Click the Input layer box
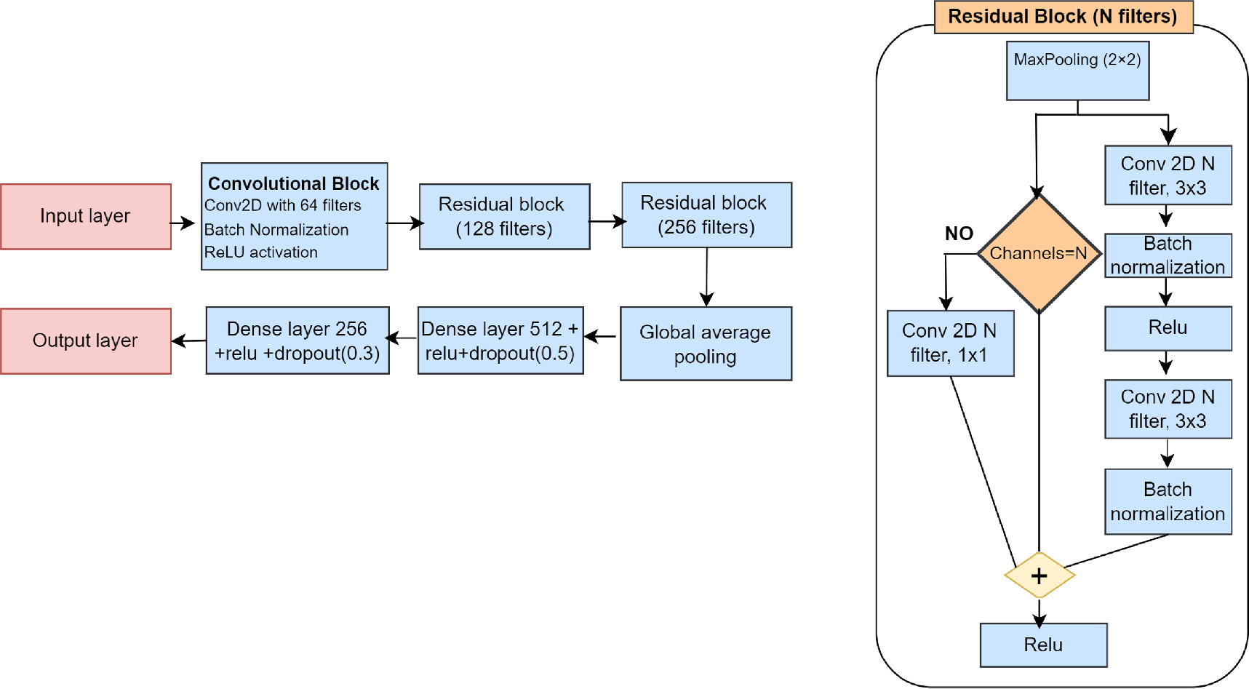[86, 216]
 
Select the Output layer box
[86, 340]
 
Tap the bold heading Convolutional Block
[293, 183]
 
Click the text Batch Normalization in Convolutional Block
[276, 230]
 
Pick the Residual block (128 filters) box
[504, 216]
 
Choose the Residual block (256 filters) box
[706, 215]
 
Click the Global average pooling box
[706, 343]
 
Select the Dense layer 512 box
[500, 340]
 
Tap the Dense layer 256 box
[298, 340]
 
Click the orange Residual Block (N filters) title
[1063, 17]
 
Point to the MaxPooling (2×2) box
[1077, 71]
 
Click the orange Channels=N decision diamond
[1039, 253]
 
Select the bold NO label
[959, 234]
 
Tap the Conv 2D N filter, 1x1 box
[950, 343]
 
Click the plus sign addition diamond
[1039, 576]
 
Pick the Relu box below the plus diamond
[1043, 645]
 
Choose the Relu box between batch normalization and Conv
[1168, 328]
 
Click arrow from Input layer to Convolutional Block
[183, 223]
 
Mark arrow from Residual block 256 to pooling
[706, 277]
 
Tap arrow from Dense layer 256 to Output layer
[188, 340]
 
